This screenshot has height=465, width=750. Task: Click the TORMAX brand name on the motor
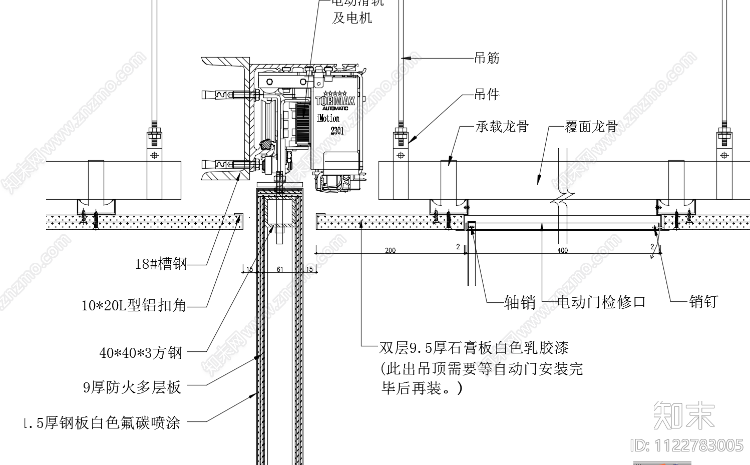[x=335, y=101]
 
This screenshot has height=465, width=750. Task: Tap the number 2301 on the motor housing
[x=337, y=131]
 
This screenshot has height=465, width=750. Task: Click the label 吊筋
[x=487, y=58]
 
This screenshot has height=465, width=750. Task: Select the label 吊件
[x=487, y=94]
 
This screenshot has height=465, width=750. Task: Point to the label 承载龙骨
[x=502, y=127]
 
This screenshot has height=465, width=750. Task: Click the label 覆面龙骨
[x=591, y=127]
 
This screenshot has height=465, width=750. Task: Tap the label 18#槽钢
[x=161, y=264]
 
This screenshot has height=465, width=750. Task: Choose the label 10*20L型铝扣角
[x=134, y=305]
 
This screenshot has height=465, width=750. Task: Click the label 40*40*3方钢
[x=141, y=353]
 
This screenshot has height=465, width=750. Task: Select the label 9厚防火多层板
[x=132, y=387]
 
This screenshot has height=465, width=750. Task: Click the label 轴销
[x=520, y=302]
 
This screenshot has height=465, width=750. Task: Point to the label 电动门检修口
[x=601, y=302]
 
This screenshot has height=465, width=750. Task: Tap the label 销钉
[x=703, y=301]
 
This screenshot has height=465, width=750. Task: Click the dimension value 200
[x=390, y=250]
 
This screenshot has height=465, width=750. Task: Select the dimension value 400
[x=562, y=250]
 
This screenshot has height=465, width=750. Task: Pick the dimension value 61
[x=280, y=269]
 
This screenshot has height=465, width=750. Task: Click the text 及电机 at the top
[x=352, y=18]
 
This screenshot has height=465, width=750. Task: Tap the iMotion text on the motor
[x=328, y=119]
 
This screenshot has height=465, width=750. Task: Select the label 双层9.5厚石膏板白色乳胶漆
[x=474, y=347]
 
